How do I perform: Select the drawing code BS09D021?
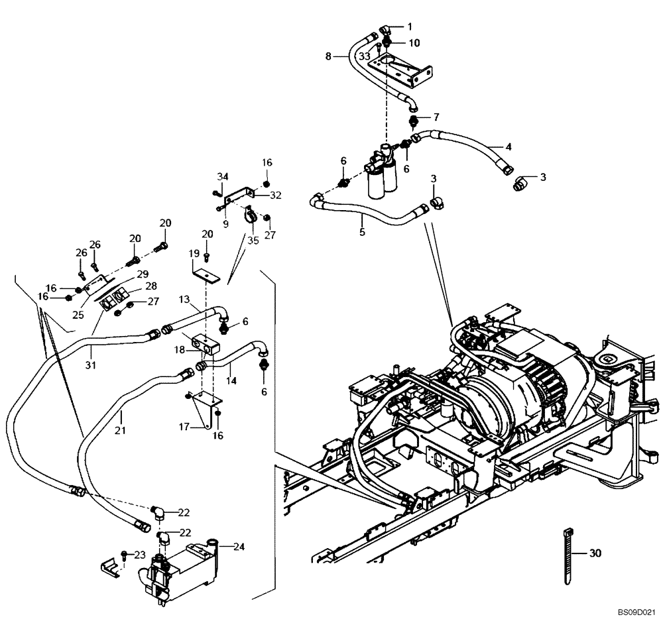[637, 614]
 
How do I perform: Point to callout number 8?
[328, 57]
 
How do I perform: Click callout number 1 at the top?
[410, 27]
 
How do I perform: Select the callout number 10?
[414, 43]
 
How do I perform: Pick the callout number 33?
[364, 57]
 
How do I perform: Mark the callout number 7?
[436, 117]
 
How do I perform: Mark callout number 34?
[223, 176]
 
